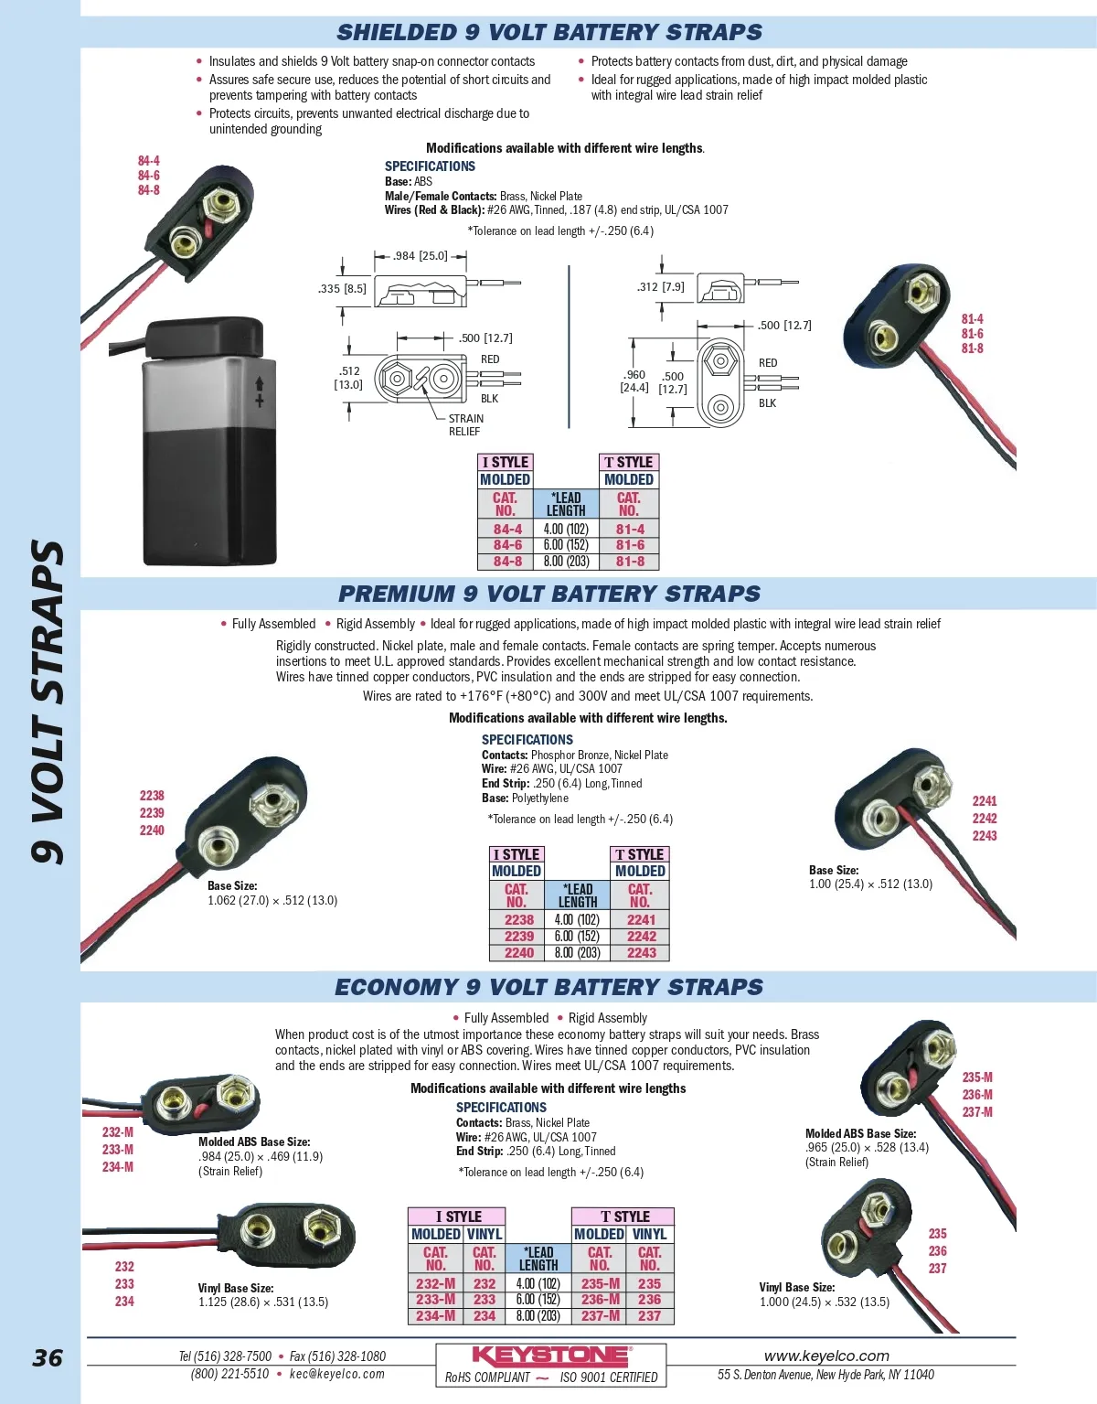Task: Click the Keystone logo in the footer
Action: (550, 1356)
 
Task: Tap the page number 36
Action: (48, 1357)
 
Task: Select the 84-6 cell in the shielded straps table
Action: (507, 545)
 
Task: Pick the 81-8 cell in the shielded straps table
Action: (630, 562)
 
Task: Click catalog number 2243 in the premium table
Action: (641, 953)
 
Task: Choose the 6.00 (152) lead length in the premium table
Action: (577, 937)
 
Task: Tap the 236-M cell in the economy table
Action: (600, 1299)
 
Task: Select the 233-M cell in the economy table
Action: (435, 1299)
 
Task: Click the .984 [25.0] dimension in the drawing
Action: (421, 256)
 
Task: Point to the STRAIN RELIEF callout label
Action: (465, 424)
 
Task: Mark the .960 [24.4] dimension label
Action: (634, 381)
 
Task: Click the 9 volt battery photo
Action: (210, 448)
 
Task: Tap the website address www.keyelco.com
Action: (826, 1356)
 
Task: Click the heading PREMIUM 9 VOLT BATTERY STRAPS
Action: (549, 594)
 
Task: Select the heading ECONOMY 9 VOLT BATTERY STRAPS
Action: (548, 987)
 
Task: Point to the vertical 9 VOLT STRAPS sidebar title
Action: (48, 702)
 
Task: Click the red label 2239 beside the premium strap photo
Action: (152, 813)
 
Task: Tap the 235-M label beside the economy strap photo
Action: (977, 1077)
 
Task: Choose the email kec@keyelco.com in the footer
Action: (337, 1374)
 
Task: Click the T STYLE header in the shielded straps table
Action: (629, 462)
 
